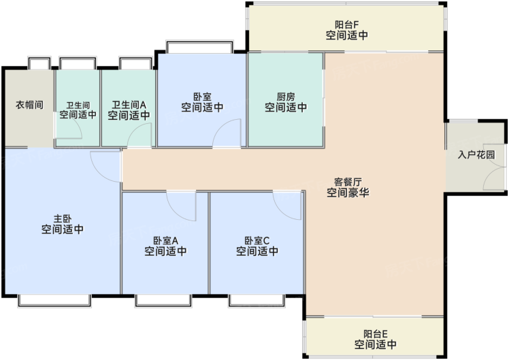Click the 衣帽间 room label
(29, 105)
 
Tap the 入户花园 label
(476, 154)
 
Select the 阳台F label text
(346, 24)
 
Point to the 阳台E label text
(375, 333)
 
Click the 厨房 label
(286, 97)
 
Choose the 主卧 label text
(63, 219)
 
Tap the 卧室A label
(165, 240)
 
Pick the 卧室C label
(257, 240)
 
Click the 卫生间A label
(129, 105)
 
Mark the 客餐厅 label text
(348, 182)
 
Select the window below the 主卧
(54, 300)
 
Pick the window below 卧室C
(257, 300)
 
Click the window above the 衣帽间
(39, 63)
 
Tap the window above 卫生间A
(135, 63)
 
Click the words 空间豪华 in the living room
(348, 193)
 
